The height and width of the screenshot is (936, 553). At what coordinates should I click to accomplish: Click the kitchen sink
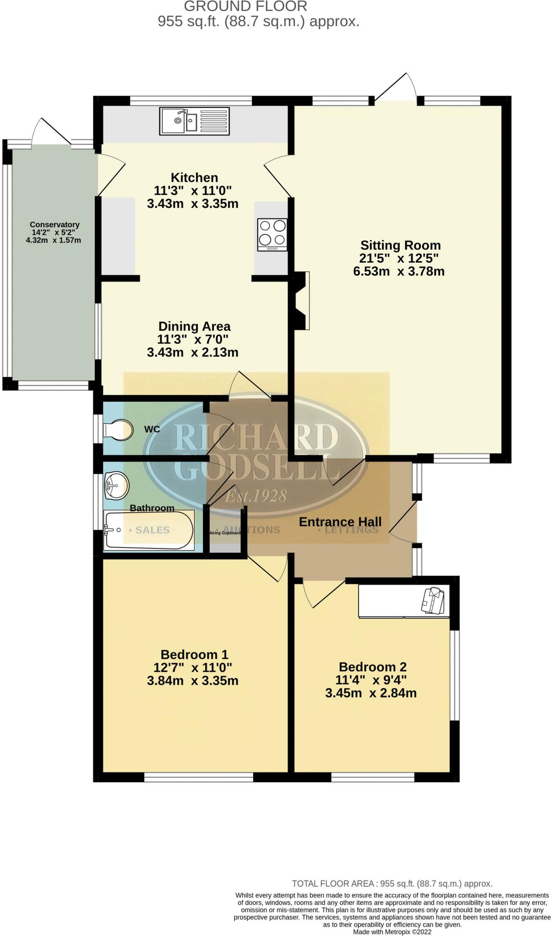(x=194, y=121)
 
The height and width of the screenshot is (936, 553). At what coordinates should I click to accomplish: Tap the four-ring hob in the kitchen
(x=272, y=234)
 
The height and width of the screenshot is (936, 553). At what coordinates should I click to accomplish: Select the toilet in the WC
(x=118, y=430)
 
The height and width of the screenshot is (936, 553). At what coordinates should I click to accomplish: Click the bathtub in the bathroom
(x=149, y=530)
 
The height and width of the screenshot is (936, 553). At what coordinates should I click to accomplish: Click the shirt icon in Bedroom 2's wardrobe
(x=432, y=600)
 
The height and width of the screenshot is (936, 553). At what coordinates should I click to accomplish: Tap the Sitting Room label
(x=400, y=245)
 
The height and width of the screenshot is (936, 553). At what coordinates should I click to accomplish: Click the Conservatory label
(x=54, y=224)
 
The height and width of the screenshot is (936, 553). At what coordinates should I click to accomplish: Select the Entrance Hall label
(x=340, y=521)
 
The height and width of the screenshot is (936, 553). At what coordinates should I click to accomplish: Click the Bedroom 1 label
(x=194, y=654)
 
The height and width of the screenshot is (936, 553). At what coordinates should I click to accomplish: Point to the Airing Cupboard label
(x=225, y=533)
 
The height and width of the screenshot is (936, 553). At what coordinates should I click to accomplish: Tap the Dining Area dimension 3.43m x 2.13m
(x=192, y=352)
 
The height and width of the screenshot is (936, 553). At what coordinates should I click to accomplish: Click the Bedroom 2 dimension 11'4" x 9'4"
(x=372, y=680)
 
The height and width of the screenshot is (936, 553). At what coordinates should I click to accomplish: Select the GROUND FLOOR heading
(x=245, y=6)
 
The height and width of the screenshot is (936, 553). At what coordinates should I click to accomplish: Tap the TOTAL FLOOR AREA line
(x=392, y=883)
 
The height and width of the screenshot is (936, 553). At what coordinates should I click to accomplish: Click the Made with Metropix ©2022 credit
(x=392, y=931)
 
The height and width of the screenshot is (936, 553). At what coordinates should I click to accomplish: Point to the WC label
(x=152, y=429)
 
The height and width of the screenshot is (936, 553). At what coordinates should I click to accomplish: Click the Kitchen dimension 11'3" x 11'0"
(x=192, y=190)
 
